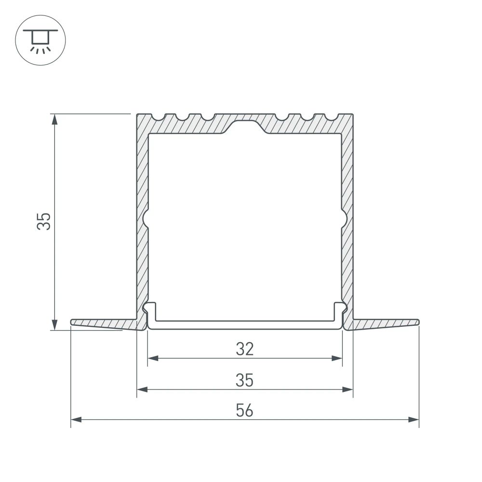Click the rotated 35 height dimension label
click(x=45, y=221)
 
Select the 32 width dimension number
click(x=245, y=348)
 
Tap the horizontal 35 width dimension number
click(x=245, y=380)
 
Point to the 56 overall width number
click(x=245, y=411)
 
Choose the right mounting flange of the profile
click(x=386, y=323)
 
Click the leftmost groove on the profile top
click(x=158, y=117)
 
